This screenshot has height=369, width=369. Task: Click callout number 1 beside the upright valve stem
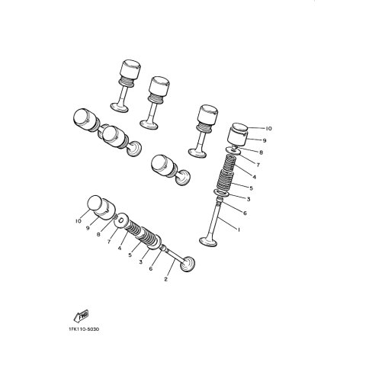pyautogui.click(x=239, y=229)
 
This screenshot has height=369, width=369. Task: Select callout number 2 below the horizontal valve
pyautogui.click(x=166, y=279)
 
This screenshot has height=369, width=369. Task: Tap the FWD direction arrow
pyautogui.click(x=82, y=316)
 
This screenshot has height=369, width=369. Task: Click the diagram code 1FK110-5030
pyautogui.click(x=84, y=329)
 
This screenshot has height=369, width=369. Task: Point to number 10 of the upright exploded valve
pyautogui.click(x=268, y=129)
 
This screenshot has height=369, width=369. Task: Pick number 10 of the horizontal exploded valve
pyautogui.click(x=79, y=221)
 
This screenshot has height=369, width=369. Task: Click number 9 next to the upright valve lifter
pyautogui.click(x=265, y=140)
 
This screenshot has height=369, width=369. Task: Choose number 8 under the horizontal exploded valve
pyautogui.click(x=98, y=235)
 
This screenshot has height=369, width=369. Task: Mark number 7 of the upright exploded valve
pyautogui.click(x=258, y=165)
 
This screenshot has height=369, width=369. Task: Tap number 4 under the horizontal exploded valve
pyautogui.click(x=120, y=248)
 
